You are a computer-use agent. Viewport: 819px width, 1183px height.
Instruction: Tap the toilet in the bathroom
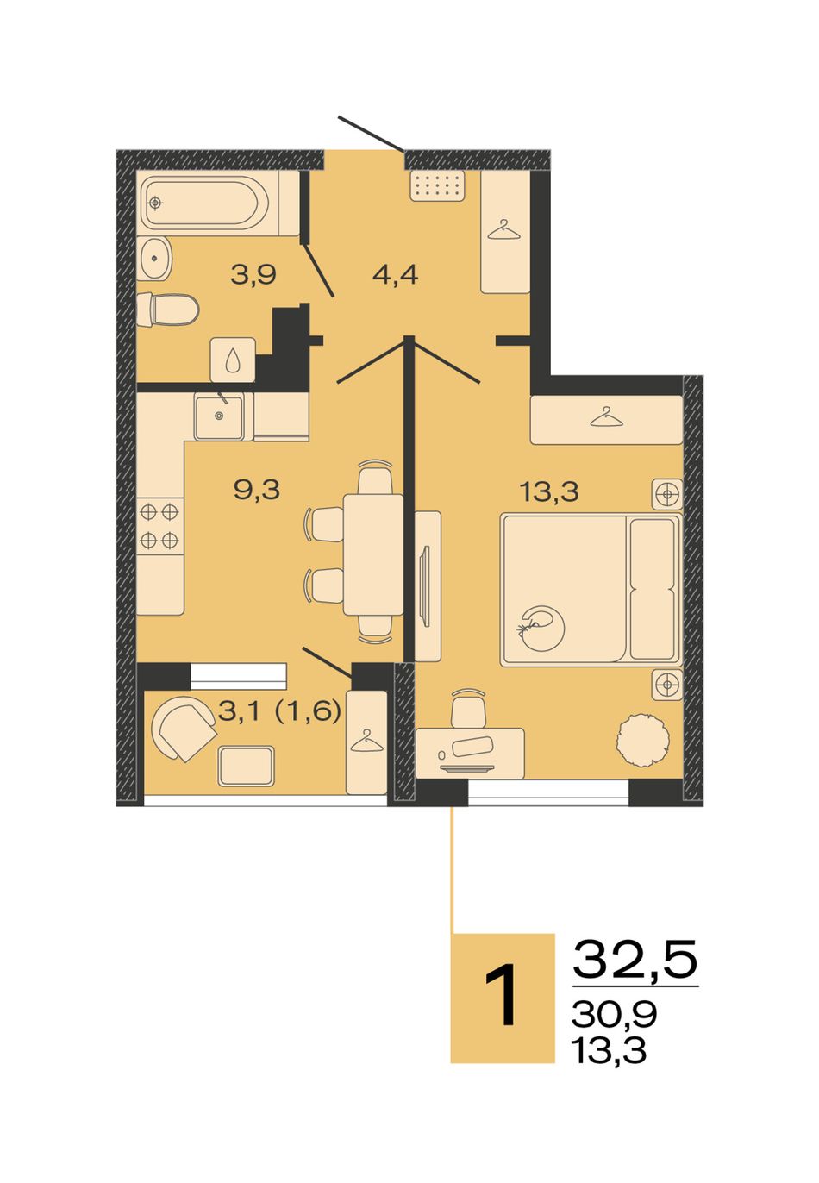(x=167, y=310)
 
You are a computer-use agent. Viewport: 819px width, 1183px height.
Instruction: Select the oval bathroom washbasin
(x=153, y=259)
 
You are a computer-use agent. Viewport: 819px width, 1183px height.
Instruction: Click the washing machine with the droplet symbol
(x=233, y=360)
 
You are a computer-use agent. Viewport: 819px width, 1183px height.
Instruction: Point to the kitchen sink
(x=219, y=417)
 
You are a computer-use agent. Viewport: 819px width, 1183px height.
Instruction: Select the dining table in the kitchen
(x=373, y=554)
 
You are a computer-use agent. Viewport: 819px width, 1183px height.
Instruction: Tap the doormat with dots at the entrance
(x=438, y=185)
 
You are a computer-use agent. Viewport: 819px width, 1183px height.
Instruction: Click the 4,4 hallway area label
(x=395, y=274)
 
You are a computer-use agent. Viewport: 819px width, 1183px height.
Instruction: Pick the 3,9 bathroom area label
(x=253, y=274)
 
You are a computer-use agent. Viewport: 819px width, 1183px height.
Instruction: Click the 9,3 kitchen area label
(x=257, y=490)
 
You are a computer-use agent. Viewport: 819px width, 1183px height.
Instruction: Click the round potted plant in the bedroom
(x=643, y=739)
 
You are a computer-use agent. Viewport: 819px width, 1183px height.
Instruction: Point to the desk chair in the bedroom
(x=467, y=709)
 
